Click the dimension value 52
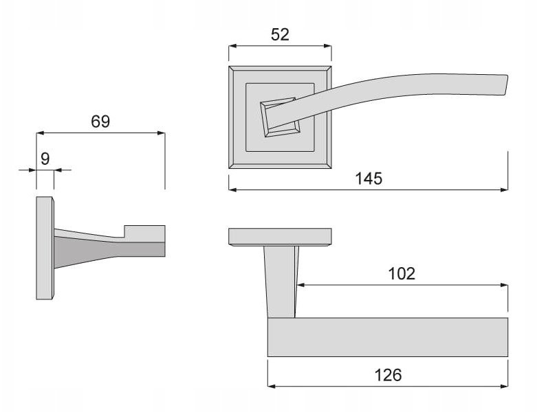280,34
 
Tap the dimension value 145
369,179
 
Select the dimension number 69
100,122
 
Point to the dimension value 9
45,159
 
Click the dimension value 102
402,273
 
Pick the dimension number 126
388,375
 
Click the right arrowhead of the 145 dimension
504,190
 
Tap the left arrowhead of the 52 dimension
233,46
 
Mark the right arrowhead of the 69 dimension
161,133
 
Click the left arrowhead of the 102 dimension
300,285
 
